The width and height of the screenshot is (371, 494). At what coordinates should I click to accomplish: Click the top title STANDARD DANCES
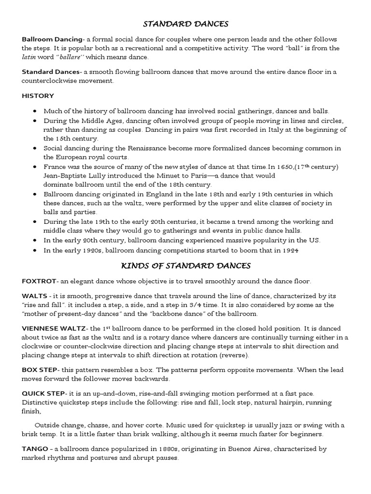(185, 24)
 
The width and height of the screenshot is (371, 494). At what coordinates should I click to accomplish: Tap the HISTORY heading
(38, 96)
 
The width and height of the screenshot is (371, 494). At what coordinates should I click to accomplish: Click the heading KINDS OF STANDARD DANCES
(185, 265)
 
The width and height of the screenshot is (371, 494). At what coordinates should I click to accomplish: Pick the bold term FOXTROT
(39, 281)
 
